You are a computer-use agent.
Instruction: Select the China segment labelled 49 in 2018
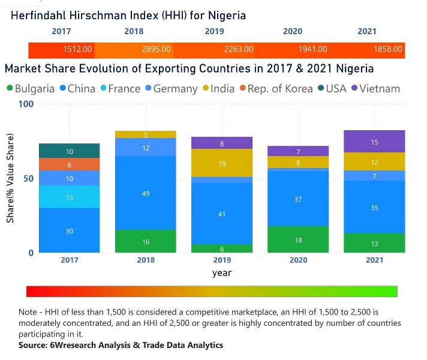click(146, 193)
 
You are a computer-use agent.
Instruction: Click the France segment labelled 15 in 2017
click(70, 197)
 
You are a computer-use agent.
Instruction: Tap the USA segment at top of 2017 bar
click(70, 151)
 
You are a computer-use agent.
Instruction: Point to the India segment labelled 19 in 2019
click(222, 163)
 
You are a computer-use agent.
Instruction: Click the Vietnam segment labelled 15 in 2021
click(375, 142)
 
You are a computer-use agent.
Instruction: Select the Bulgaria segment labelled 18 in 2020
click(299, 239)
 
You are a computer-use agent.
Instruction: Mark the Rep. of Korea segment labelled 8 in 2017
click(70, 164)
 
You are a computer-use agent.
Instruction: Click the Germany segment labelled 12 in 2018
click(146, 148)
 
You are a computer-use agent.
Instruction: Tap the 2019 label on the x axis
click(222, 260)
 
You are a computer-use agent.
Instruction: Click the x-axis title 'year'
click(222, 273)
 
